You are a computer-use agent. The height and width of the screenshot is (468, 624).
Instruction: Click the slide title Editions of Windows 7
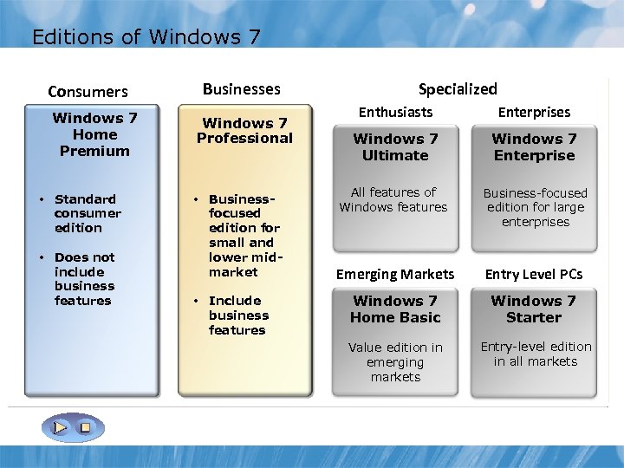tap(146, 37)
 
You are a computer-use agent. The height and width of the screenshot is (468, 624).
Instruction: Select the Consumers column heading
tap(88, 91)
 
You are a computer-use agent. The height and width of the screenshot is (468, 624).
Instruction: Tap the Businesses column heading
tap(241, 88)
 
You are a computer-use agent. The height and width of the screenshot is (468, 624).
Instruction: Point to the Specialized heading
tap(458, 88)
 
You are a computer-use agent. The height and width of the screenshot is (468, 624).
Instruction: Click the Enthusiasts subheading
tap(395, 112)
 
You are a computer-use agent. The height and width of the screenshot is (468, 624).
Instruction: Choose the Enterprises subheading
tap(534, 112)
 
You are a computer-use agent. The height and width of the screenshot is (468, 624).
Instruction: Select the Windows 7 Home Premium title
tap(94, 134)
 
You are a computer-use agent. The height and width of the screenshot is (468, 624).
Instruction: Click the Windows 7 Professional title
tap(244, 131)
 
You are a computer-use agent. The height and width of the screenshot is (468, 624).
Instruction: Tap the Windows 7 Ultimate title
tap(395, 146)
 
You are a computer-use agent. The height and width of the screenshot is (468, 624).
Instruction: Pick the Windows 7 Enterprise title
tap(534, 146)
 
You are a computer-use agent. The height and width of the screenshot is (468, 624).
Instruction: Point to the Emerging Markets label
tap(395, 274)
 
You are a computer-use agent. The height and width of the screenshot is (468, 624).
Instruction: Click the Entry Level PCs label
tap(534, 274)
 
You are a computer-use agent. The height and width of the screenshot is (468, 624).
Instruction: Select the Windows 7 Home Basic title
tap(395, 309)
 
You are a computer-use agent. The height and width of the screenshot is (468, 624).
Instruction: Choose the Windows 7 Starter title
tap(534, 309)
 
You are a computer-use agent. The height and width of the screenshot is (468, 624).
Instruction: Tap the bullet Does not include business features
tap(83, 278)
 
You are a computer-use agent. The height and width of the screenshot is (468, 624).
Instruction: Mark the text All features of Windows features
tap(393, 199)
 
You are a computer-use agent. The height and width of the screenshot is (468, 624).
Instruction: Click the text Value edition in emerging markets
tap(395, 361)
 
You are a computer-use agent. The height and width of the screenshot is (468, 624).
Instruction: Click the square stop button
tap(85, 427)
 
